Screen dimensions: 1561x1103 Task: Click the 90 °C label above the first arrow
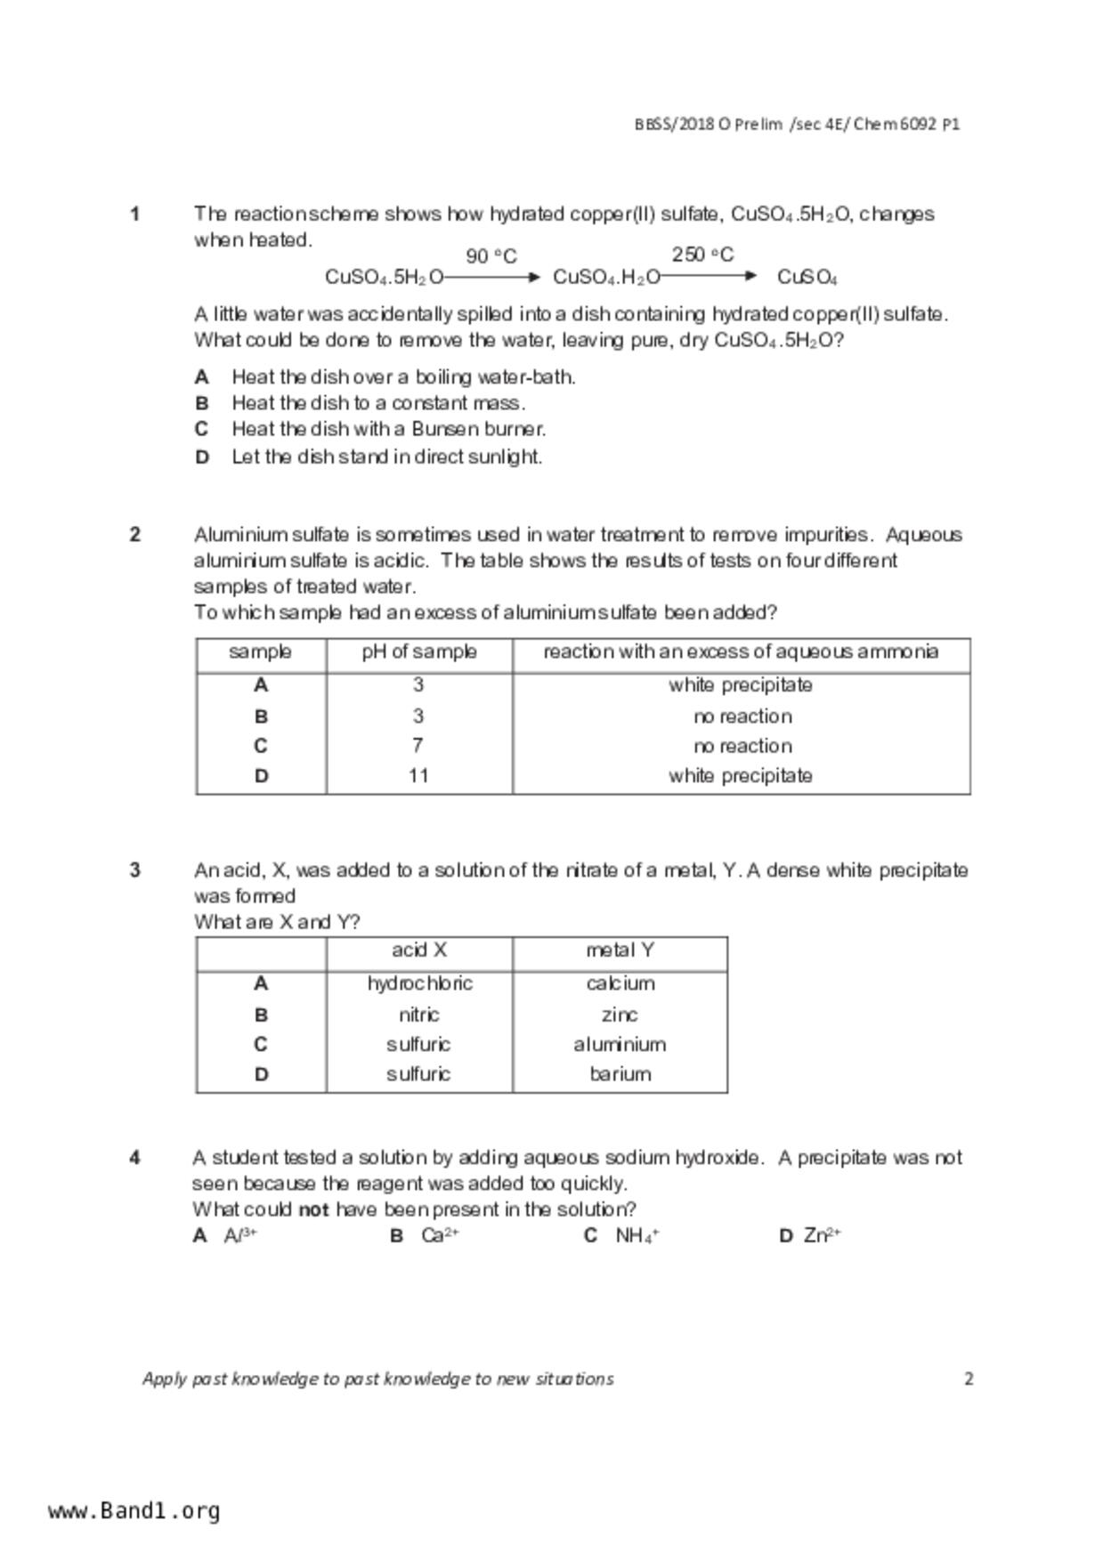pos(491,256)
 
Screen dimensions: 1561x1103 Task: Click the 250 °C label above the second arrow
pos(702,255)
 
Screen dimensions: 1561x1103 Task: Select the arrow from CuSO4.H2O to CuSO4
pos(709,277)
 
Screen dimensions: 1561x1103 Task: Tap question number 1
pos(135,214)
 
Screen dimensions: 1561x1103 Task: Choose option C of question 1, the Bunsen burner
pos(388,429)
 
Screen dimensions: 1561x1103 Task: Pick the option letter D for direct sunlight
pos(202,457)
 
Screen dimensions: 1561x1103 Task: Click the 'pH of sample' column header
pos(418,651)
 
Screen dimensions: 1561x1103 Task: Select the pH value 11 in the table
pos(418,775)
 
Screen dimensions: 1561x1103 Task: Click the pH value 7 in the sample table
pos(418,746)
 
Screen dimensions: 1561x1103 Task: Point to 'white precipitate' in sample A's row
pos(741,685)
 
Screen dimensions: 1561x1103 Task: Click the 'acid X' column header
pos(419,950)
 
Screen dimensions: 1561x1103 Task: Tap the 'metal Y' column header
pos(620,950)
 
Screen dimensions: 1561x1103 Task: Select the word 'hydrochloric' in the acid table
pos(419,983)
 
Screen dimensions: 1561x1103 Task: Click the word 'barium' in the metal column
pos(620,1074)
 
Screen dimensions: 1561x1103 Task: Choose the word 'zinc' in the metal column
pos(620,1015)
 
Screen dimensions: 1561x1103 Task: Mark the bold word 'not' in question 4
pos(313,1209)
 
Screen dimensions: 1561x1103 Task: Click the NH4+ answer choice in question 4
pos(637,1235)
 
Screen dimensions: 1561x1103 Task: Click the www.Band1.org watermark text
pos(134,1510)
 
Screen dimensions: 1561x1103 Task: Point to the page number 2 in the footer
pos(969,1379)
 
